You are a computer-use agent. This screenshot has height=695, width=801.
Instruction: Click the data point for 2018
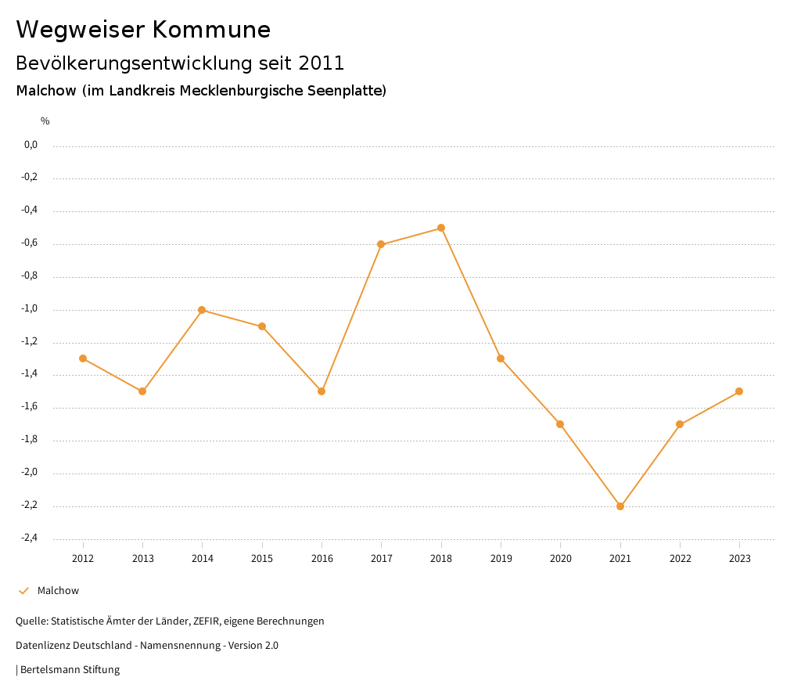point(441,228)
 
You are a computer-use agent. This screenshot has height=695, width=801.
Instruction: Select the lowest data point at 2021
point(620,506)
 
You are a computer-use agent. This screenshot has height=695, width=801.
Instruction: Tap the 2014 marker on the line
point(202,310)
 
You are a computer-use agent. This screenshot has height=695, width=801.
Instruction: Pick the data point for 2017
point(381,244)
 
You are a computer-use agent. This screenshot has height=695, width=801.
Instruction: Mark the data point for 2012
point(83,358)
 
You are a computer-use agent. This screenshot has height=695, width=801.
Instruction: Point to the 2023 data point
point(739,391)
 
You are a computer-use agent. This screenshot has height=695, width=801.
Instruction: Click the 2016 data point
point(321,391)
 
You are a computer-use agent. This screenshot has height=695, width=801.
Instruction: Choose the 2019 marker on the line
point(501,358)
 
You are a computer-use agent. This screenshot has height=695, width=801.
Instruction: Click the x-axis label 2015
point(262,559)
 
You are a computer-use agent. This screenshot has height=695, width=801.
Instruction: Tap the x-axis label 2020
point(561,559)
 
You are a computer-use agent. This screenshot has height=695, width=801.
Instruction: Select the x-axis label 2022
point(680,559)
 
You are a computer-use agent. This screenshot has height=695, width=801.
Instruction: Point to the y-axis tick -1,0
point(31,309)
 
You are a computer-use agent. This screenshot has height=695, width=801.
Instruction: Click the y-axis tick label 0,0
point(31,145)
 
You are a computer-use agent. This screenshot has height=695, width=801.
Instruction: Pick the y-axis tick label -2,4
point(31,538)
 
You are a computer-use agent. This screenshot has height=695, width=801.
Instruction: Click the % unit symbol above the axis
point(45,121)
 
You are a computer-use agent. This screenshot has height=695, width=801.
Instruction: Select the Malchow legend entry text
point(58,591)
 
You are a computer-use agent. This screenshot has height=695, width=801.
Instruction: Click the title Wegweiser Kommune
point(143,30)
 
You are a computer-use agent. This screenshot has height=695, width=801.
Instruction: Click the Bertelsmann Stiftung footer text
point(70,670)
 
